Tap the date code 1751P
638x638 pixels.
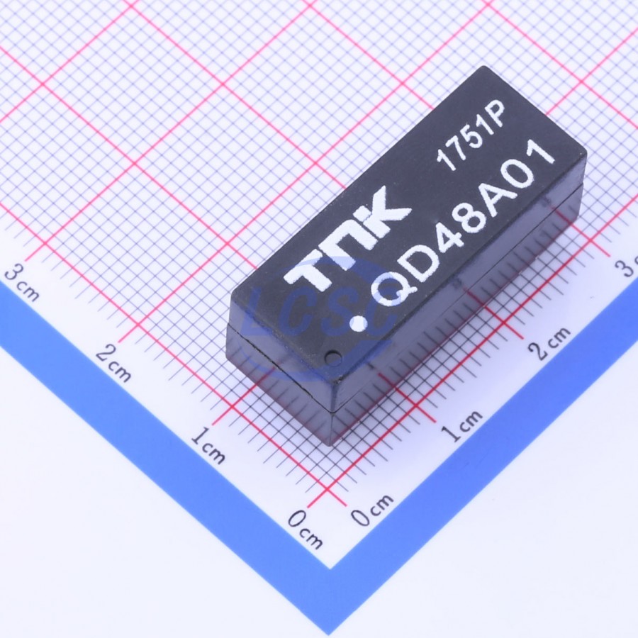pos(471,135)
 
